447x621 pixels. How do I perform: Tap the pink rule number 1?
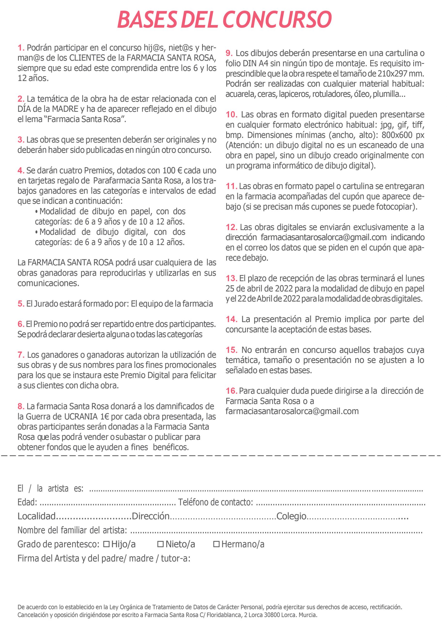tap(21, 48)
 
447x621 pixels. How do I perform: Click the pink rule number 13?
tap(231, 278)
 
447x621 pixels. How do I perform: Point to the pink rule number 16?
tap(231, 391)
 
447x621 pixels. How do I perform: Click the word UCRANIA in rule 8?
tap(80, 417)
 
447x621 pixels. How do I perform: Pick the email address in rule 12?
tap(324, 237)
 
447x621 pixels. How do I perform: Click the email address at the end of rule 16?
tap(292, 411)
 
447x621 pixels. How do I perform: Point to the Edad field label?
tap(27, 502)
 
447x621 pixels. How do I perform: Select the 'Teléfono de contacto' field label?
tap(215, 502)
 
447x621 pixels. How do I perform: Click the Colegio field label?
tap(291, 516)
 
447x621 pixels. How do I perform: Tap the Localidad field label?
tap(36, 516)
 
